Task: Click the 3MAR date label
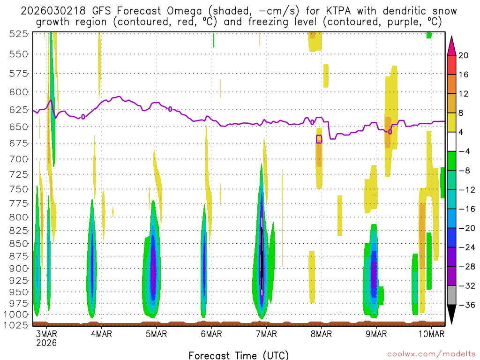tap(46, 334)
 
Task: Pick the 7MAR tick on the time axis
tap(266, 334)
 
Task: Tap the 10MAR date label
tap(431, 334)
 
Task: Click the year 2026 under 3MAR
tap(46, 343)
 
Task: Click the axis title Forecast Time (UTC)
tap(239, 355)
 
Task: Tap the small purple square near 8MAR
tap(319, 139)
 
